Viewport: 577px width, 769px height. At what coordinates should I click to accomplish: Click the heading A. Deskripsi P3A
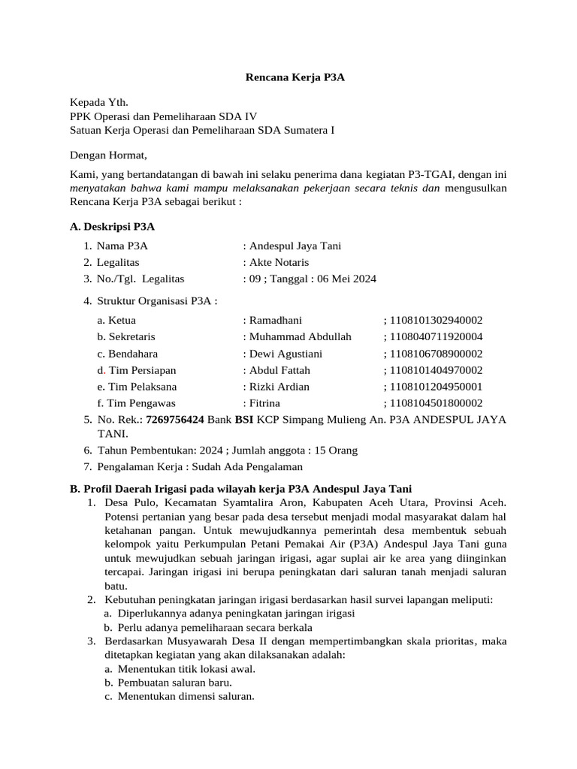[x=112, y=226]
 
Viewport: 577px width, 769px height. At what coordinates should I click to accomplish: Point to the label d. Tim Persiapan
[x=136, y=369]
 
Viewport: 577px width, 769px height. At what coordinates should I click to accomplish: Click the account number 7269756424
[x=174, y=419]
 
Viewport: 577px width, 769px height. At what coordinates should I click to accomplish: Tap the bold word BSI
[x=243, y=419]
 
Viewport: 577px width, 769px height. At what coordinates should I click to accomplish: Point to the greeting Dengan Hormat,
[x=109, y=155]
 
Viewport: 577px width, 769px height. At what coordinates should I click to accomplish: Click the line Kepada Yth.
[x=99, y=101]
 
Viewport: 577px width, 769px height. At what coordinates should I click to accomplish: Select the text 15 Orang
[x=337, y=450]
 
